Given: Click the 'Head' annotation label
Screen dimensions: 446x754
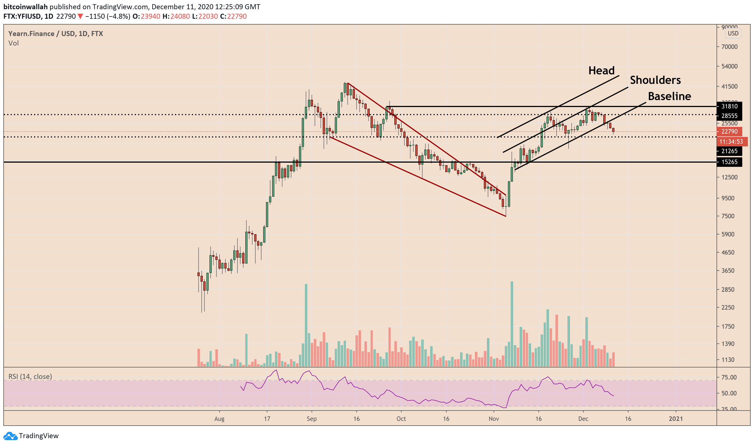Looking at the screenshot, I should coord(601,71).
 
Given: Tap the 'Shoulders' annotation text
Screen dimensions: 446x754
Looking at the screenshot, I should coord(655,80).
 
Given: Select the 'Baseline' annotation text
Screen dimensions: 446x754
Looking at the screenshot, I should coord(669,96).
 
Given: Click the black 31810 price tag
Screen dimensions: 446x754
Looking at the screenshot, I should coord(729,106).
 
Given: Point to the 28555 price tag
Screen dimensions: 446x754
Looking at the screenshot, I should coord(729,116).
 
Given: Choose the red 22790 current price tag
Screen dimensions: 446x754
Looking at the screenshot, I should coord(729,132).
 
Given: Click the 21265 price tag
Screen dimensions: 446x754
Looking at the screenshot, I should coord(729,151).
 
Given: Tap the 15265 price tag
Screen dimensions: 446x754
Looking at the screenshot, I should coord(729,162).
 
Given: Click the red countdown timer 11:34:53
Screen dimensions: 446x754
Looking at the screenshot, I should coord(731,142).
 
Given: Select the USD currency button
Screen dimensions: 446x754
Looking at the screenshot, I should coord(733,33).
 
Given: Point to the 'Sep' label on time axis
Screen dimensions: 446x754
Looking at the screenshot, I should coord(312,419).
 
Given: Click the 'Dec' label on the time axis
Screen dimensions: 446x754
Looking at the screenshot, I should coord(583,419).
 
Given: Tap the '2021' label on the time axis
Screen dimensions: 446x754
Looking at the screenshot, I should coord(675,419).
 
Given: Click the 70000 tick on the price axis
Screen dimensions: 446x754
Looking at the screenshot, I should coord(729,47).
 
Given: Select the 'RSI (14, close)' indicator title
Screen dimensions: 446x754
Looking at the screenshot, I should coord(30,377).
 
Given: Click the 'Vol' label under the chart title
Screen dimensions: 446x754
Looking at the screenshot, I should coord(13,43).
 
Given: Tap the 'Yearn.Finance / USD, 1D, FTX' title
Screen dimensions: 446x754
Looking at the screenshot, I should coord(56,34).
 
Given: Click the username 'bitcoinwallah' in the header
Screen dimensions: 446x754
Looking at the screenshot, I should coord(25,7).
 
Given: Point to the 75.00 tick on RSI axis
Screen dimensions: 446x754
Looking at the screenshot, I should coord(729,378).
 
